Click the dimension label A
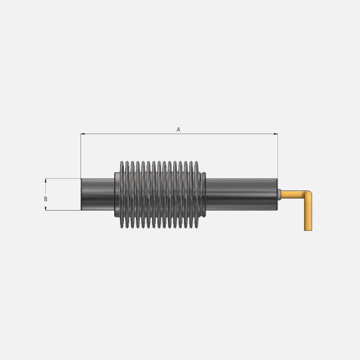(178, 130)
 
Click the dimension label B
(45, 198)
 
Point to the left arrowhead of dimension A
(83, 134)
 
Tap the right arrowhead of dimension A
(276, 134)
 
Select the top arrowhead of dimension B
(45, 180)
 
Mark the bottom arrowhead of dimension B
(45, 208)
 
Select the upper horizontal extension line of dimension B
(63, 178)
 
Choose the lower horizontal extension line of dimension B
(63, 210)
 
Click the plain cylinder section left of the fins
(97, 194)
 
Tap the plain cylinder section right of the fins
(241, 194)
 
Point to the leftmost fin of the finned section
(122, 194)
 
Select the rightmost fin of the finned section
(197, 194)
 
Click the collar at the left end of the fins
(117, 194)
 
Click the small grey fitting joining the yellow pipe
(280, 194)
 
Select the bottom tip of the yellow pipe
(308, 229)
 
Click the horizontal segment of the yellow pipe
(292, 194)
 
